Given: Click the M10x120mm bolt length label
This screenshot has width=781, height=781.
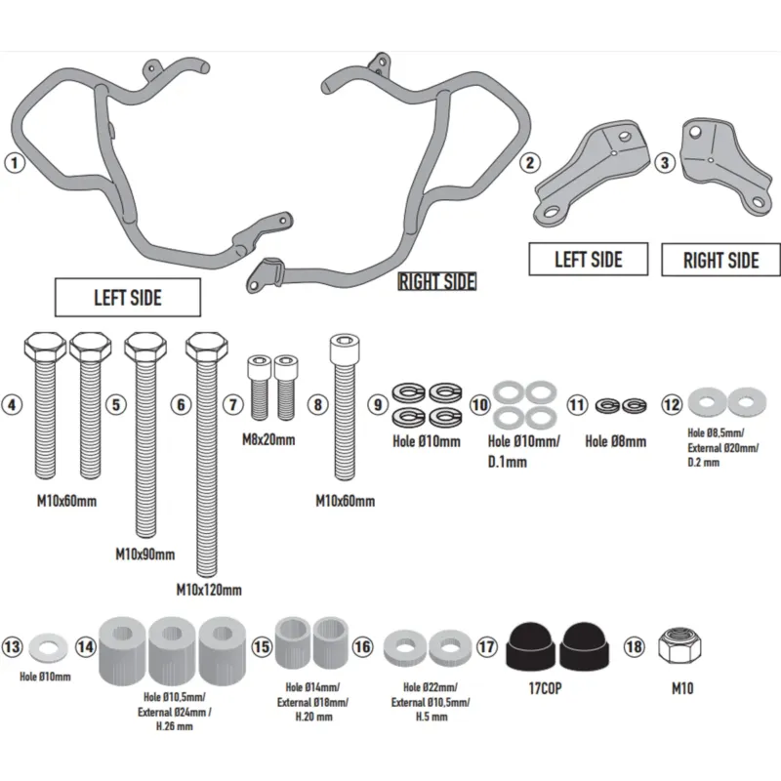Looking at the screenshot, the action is [x=209, y=591].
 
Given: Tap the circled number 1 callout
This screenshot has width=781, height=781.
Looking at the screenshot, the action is [x=15, y=162].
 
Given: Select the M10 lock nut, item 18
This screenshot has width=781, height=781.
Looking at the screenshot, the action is [x=679, y=646].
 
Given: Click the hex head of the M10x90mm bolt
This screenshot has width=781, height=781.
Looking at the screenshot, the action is [x=145, y=347].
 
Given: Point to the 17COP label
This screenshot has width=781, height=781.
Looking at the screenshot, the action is [x=545, y=688].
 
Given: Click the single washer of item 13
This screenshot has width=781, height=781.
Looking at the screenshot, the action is [x=48, y=648].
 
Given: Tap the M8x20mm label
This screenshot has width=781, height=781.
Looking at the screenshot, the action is [x=268, y=440].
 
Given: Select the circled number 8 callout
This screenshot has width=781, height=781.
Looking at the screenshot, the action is [x=318, y=404].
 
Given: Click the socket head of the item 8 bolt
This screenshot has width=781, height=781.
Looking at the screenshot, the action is [x=345, y=348].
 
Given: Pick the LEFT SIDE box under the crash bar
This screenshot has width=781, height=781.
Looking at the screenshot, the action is [x=128, y=298].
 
